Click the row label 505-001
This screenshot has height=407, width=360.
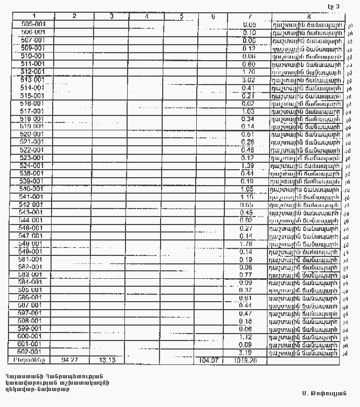(x=33, y=24)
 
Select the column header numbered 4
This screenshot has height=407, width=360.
(x=146, y=16)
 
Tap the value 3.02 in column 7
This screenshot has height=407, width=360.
(x=249, y=80)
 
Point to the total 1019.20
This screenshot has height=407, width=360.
(x=246, y=360)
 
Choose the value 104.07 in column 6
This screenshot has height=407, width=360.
(x=209, y=360)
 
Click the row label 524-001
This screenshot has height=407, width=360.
(x=33, y=165)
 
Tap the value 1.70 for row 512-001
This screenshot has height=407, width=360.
(x=249, y=72)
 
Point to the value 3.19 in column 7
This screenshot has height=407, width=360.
(x=246, y=352)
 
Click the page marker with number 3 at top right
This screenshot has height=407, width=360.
(x=333, y=6)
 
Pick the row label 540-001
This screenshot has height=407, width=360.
(x=33, y=189)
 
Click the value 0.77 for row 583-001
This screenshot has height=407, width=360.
(x=246, y=275)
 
